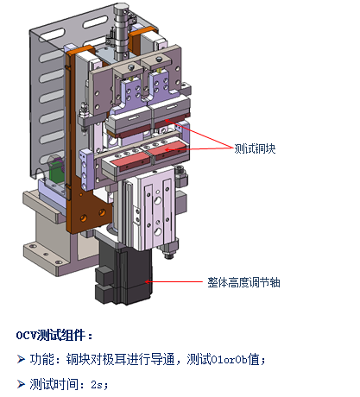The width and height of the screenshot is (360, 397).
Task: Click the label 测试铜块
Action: click(x=255, y=148)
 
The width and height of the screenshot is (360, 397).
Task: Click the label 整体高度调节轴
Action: click(x=243, y=282)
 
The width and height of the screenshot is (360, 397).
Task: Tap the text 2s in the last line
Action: click(x=98, y=385)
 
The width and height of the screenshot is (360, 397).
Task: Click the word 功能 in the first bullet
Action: click(x=42, y=359)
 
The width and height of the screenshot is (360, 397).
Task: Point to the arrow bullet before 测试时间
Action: click(x=21, y=384)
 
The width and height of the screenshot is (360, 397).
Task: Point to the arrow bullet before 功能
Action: click(x=21, y=359)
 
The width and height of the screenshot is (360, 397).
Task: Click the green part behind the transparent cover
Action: click(x=55, y=170)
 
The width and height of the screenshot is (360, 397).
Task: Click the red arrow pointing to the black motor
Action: click(x=174, y=282)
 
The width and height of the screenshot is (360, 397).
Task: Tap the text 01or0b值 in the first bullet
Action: click(x=235, y=359)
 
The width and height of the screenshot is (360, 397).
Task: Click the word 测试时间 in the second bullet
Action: click(x=54, y=384)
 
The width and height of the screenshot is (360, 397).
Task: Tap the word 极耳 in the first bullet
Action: click(x=114, y=359)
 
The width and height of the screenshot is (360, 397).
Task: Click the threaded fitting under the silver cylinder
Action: click(x=170, y=249)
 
